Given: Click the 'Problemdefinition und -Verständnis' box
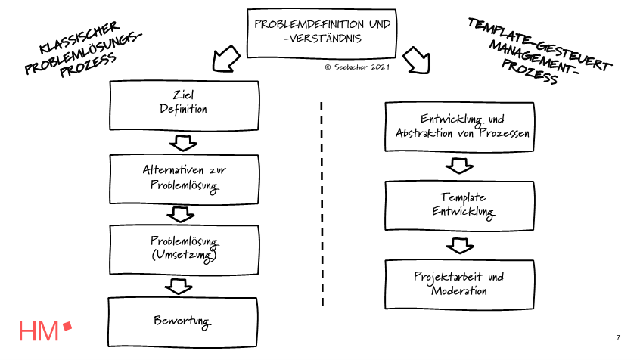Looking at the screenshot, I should pos(322,32).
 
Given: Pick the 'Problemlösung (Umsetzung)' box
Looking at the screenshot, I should pos(184,248).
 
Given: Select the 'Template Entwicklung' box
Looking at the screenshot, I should pos(461,203).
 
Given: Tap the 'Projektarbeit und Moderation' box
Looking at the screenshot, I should pos(461,283).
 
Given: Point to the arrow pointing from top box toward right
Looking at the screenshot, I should pos(417,59).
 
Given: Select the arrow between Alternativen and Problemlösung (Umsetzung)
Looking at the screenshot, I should pos(181,214).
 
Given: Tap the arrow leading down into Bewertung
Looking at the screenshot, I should pos(178,286).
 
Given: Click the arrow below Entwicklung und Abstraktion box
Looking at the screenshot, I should pos(459,165).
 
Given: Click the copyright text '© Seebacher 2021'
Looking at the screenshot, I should pos(357,67).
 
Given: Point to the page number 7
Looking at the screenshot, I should pos(618,337).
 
